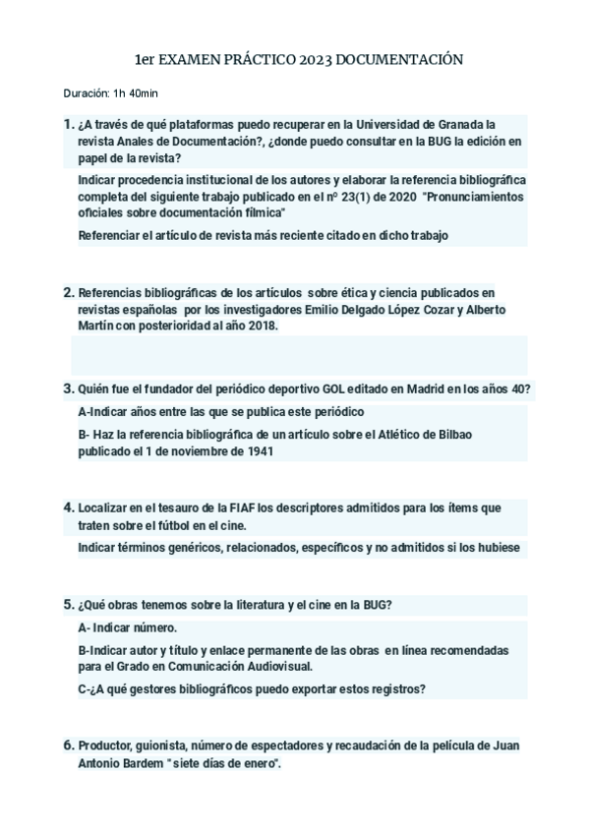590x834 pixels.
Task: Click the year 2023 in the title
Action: click(314, 60)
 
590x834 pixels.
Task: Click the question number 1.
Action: click(68, 124)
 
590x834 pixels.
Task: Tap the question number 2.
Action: click(68, 292)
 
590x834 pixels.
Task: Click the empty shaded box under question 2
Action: click(301, 355)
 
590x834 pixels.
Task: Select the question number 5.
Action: click(68, 604)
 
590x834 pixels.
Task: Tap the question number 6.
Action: click(68, 745)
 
